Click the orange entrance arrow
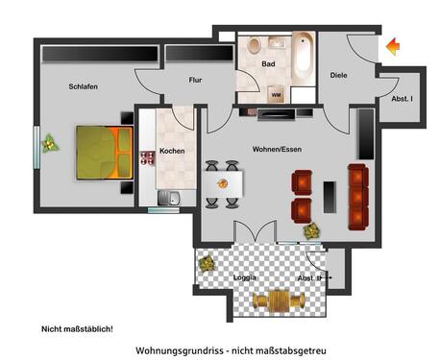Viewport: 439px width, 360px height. coord(392,45)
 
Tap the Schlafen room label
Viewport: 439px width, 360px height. coord(84,87)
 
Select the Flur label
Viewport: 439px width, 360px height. coord(195,81)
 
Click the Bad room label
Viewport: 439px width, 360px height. coord(269,64)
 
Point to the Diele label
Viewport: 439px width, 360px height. coord(338,74)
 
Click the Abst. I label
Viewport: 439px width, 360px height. coord(402,99)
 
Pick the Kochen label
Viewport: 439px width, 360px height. coord(172,151)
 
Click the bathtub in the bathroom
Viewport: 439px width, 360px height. coord(304,59)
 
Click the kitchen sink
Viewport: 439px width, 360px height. coord(169,200)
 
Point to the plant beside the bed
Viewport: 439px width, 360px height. coord(50,145)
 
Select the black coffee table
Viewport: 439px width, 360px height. coord(331,198)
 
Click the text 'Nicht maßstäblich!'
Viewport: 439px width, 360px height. coord(77,329)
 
